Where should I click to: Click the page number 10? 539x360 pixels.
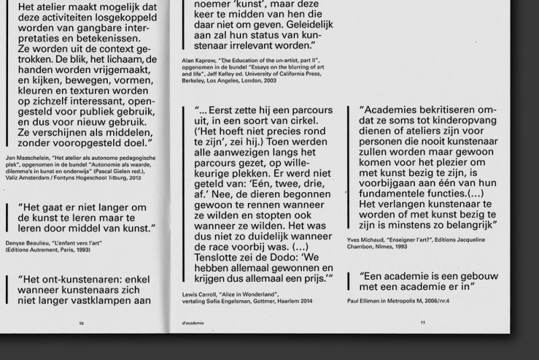[x=82, y=323]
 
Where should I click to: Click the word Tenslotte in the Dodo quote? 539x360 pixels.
[x=220, y=257]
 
